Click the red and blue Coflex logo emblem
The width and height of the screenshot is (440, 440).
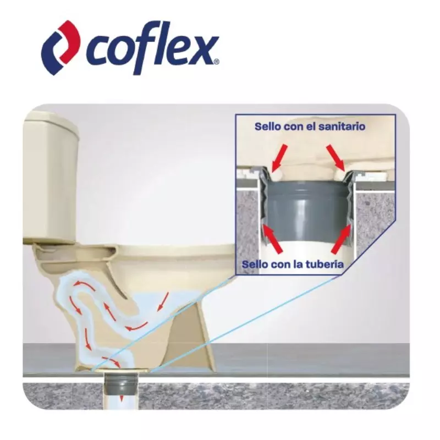pyautogui.click(x=61, y=47)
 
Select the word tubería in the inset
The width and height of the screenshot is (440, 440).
pyautogui.click(x=325, y=265)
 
